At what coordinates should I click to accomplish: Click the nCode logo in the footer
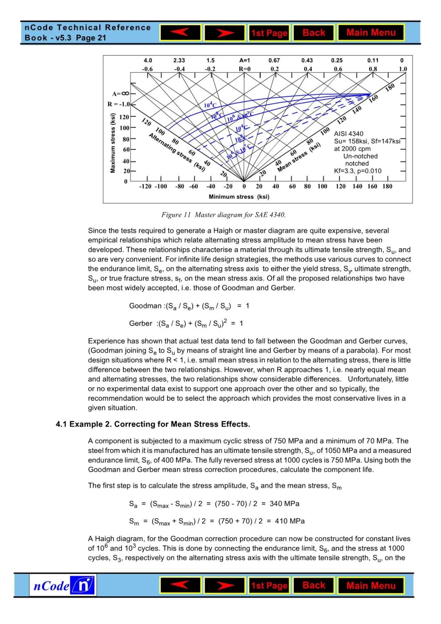pyautogui.click(x=63, y=586)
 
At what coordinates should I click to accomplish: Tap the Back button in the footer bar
pyautogui.click(x=314, y=586)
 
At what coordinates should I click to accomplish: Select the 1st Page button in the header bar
pyautogui.click(x=269, y=33)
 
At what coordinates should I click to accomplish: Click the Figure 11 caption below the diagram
pyautogui.click(x=223, y=215)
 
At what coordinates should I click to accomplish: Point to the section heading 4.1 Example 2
pyautogui.click(x=153, y=424)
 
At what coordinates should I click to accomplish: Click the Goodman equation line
pyautogui.click(x=189, y=306)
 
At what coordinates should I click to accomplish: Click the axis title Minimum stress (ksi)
pyautogui.click(x=239, y=197)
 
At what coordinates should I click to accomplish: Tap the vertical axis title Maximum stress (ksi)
pyautogui.click(x=113, y=143)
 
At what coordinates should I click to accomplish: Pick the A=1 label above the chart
pyautogui.click(x=245, y=60)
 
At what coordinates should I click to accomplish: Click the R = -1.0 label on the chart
pyautogui.click(x=118, y=104)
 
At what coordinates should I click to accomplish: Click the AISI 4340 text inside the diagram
pyautogui.click(x=348, y=134)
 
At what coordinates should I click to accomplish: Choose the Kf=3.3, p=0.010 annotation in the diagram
pyautogui.click(x=358, y=171)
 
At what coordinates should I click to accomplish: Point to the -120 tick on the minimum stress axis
pyautogui.click(x=145, y=187)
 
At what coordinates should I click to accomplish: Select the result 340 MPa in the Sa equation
pyautogui.click(x=284, y=504)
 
